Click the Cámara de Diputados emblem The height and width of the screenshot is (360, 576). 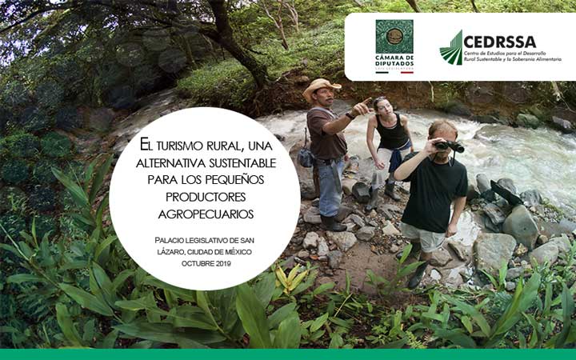pos(394,36)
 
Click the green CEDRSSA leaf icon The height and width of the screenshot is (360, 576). pos(451,48)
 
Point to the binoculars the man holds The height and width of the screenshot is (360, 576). pos(450,146)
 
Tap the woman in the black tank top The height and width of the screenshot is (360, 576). pos(390,140)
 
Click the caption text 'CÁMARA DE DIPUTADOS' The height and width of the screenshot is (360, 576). pos(394,61)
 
